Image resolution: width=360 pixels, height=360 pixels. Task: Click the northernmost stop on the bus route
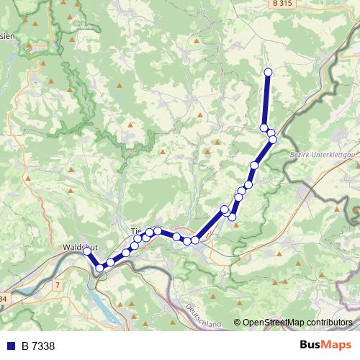[269, 72]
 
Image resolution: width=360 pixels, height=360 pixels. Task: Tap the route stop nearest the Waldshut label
[87, 251]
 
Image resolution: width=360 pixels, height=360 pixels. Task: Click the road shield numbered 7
[57, 286]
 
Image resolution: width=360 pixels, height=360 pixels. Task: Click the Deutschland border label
[204, 316]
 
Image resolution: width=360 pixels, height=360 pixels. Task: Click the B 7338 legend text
[38, 346]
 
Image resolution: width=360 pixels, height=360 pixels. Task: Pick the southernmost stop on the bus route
[100, 268]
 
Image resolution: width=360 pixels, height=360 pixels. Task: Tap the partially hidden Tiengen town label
[137, 231]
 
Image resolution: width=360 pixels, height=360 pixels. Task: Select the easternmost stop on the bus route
[273, 140]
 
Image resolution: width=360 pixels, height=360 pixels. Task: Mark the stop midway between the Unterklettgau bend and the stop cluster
[254, 166]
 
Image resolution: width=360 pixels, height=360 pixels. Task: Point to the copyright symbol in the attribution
[238, 323]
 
